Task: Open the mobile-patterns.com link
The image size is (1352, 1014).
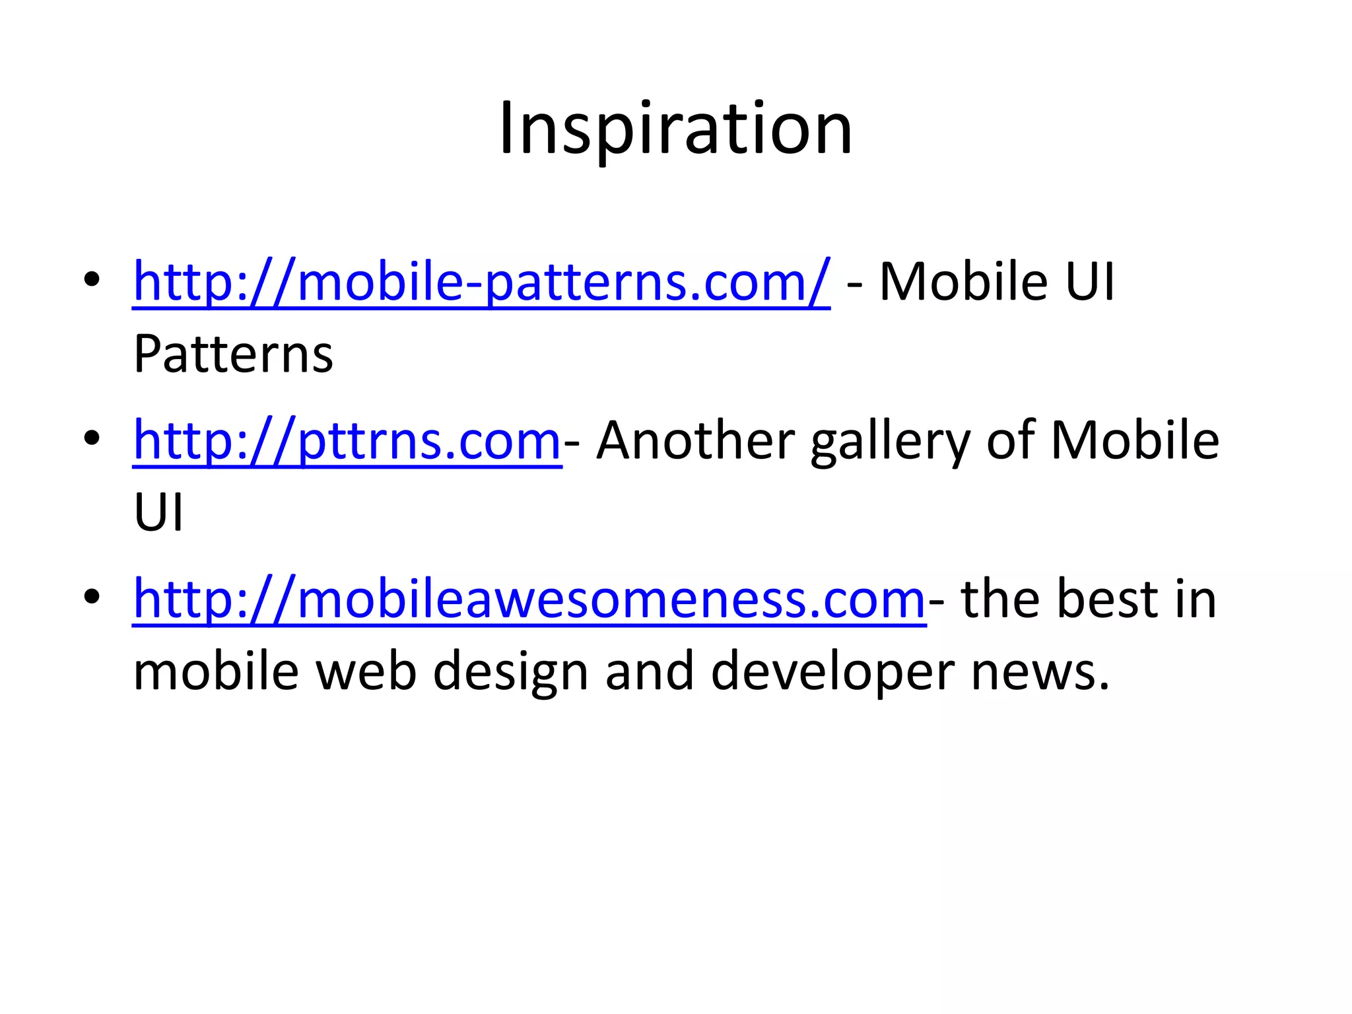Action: pyautogui.click(x=481, y=282)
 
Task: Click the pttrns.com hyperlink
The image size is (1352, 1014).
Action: pyautogui.click(x=347, y=440)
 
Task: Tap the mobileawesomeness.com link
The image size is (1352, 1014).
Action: pyautogui.click(x=529, y=599)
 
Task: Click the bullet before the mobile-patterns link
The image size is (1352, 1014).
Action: pyautogui.click(x=92, y=279)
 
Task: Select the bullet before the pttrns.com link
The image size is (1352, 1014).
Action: pyautogui.click(x=92, y=438)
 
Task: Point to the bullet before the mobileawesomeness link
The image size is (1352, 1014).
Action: pyautogui.click(x=92, y=596)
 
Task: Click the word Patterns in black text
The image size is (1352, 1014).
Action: pyautogui.click(x=233, y=355)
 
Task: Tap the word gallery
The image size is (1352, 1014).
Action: pyautogui.click(x=891, y=440)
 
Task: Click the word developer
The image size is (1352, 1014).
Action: pyautogui.click(x=832, y=671)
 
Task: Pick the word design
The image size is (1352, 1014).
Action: pyautogui.click(x=510, y=671)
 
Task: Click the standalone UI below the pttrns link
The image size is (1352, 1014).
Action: pyautogui.click(x=158, y=513)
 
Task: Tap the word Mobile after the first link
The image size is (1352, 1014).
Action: pyautogui.click(x=964, y=282)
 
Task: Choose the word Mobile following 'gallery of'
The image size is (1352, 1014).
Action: pyautogui.click(x=1135, y=440)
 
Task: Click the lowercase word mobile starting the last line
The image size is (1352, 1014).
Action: pyautogui.click(x=217, y=671)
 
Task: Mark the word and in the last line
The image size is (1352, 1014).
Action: pyautogui.click(x=650, y=671)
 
